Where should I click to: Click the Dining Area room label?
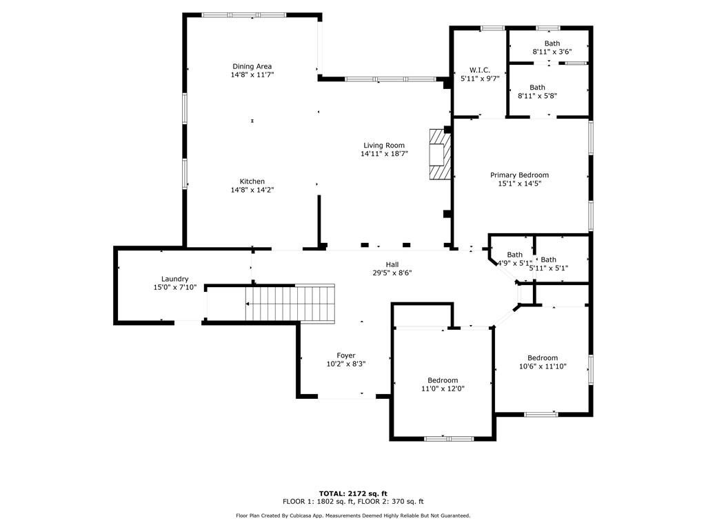pyautogui.click(x=252, y=66)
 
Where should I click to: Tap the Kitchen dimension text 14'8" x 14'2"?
pyautogui.click(x=252, y=190)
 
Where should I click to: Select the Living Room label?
pyautogui.click(x=384, y=145)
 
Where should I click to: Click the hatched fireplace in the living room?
pyautogui.click(x=438, y=155)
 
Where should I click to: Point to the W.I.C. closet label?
pyautogui.click(x=479, y=70)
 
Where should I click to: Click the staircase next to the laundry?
pyautogui.click(x=290, y=304)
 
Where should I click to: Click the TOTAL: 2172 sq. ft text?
pyautogui.click(x=352, y=493)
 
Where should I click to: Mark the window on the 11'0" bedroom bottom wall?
pyautogui.click(x=448, y=438)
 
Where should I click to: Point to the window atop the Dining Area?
pyautogui.click(x=243, y=14)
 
